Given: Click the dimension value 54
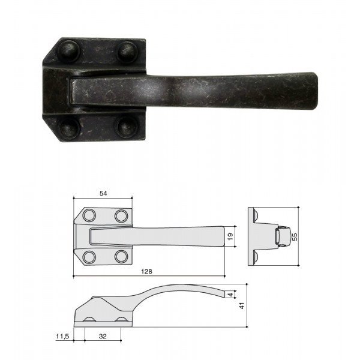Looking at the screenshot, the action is click(103, 193).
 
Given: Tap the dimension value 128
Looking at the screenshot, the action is click(146, 271).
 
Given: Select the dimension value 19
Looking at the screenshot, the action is click(230, 236).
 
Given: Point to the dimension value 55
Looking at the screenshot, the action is click(295, 237).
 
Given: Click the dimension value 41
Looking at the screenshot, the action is click(242, 305).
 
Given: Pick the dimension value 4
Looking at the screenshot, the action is click(231, 295).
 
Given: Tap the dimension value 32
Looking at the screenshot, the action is click(103, 337).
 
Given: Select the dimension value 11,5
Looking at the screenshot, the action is click(62, 337).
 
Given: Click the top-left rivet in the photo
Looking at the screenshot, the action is click(68, 51).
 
